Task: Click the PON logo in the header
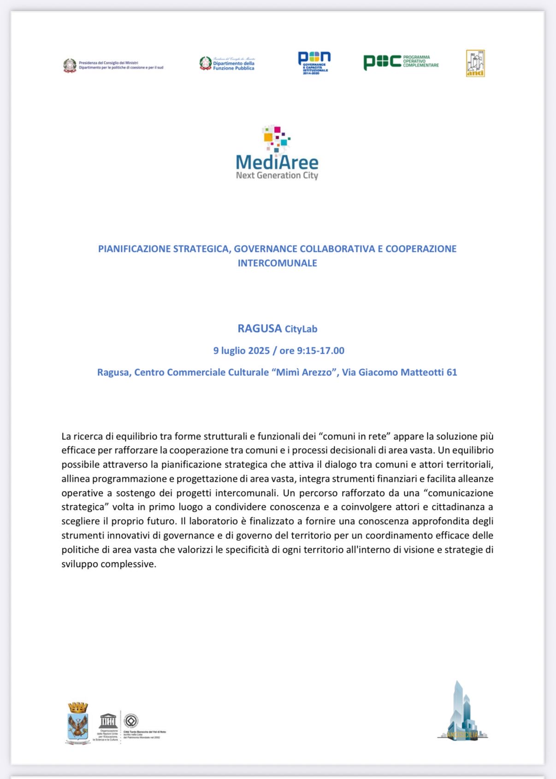pos(314,63)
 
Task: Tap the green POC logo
pos(382,62)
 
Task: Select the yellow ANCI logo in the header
pos(475,63)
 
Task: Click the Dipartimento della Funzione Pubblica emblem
pos(206,63)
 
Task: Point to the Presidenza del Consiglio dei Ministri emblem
pos(70,65)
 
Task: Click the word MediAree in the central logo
pos(277,162)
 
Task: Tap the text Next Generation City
pos(277,176)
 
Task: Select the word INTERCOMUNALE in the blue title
pos(277,263)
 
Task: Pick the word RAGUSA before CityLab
pos(260,328)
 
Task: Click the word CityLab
pos(301,329)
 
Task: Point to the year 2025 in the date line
pos(259,351)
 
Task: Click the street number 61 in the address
pos(451,372)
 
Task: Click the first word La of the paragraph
pos(66,436)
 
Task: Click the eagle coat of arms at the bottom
pos(77,723)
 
